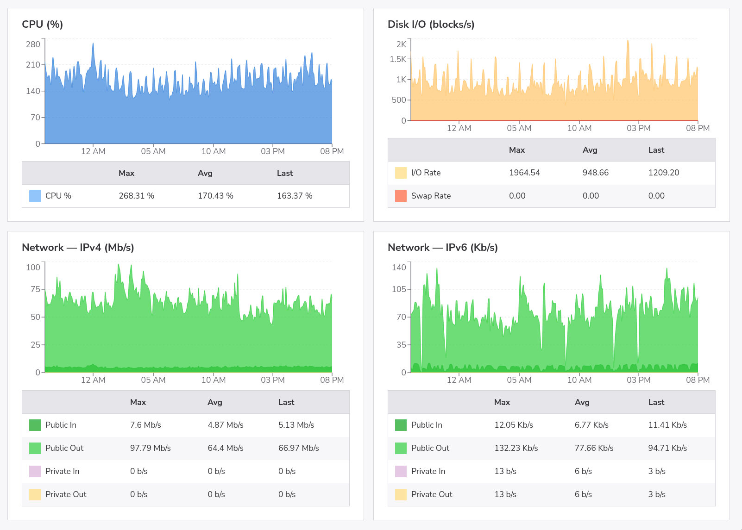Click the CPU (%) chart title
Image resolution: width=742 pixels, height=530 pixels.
pos(42,25)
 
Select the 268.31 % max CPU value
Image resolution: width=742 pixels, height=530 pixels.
pos(136,196)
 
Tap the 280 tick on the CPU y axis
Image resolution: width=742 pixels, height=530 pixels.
pos(33,44)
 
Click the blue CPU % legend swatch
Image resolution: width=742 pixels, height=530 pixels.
pos(35,196)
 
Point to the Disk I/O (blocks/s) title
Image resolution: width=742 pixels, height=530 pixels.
pos(431,25)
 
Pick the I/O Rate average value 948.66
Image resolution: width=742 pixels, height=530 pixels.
pos(595,173)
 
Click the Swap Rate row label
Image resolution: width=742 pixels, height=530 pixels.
pos(431,196)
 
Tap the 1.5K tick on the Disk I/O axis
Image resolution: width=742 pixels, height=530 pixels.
pos(398,59)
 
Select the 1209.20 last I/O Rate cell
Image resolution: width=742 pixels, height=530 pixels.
pos(663,173)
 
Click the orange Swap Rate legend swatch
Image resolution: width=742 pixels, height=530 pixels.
pos(401,196)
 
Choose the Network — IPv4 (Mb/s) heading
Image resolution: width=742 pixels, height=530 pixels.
pos(78,248)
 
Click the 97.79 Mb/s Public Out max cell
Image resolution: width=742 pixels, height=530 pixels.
pos(150,448)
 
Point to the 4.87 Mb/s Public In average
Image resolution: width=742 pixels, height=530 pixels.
pos(225,425)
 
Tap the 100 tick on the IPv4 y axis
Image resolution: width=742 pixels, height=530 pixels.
pos(33,268)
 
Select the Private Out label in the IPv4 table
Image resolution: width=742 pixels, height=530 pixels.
pos(66,494)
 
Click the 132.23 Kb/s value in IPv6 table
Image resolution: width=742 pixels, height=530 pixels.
pos(516,448)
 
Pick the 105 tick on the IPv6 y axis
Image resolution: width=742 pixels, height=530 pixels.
pos(399,289)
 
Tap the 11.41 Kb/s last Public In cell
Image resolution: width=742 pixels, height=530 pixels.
pos(667,425)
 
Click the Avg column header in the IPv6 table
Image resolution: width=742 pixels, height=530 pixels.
pos(582,402)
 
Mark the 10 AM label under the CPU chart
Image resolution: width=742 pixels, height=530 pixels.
pos(214,151)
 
